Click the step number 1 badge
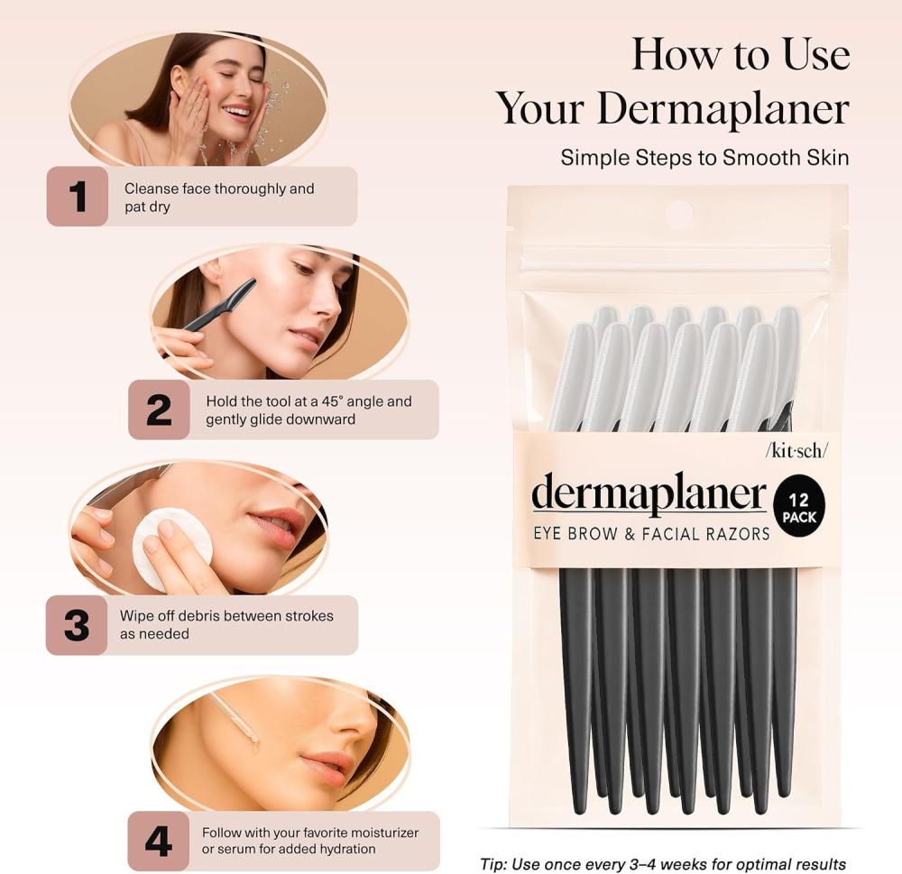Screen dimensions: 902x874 pyautogui.click(x=77, y=197)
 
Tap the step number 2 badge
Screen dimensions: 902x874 pyautogui.click(x=159, y=409)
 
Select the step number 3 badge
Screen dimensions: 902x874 pyautogui.click(x=77, y=625)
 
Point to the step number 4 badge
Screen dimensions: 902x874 pyautogui.click(x=158, y=842)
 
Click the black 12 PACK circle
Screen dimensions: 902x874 pyautogui.click(x=799, y=506)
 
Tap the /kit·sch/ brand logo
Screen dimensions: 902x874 pyautogui.click(x=796, y=451)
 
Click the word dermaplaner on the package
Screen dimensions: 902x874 pyautogui.click(x=649, y=493)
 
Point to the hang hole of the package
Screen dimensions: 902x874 pyautogui.click(x=679, y=212)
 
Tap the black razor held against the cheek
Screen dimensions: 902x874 pyautogui.click(x=220, y=305)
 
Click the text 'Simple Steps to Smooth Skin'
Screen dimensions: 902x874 pyautogui.click(x=704, y=158)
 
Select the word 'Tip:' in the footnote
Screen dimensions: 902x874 pyautogui.click(x=493, y=864)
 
